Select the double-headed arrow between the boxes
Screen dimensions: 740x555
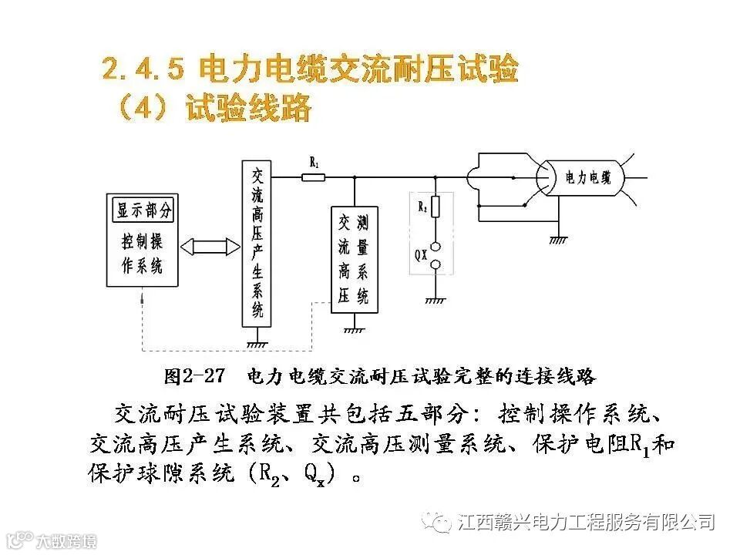210,247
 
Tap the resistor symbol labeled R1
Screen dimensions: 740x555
314,177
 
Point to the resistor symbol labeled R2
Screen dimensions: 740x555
435,207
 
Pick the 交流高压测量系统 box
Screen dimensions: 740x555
354,259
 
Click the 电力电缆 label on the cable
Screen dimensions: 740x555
588,178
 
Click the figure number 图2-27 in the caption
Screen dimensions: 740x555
194,377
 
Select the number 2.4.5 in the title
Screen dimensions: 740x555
143,71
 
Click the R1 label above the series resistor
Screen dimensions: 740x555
314,162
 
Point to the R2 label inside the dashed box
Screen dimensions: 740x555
422,207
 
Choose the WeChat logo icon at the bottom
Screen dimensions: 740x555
441,523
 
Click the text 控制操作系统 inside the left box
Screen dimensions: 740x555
143,253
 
